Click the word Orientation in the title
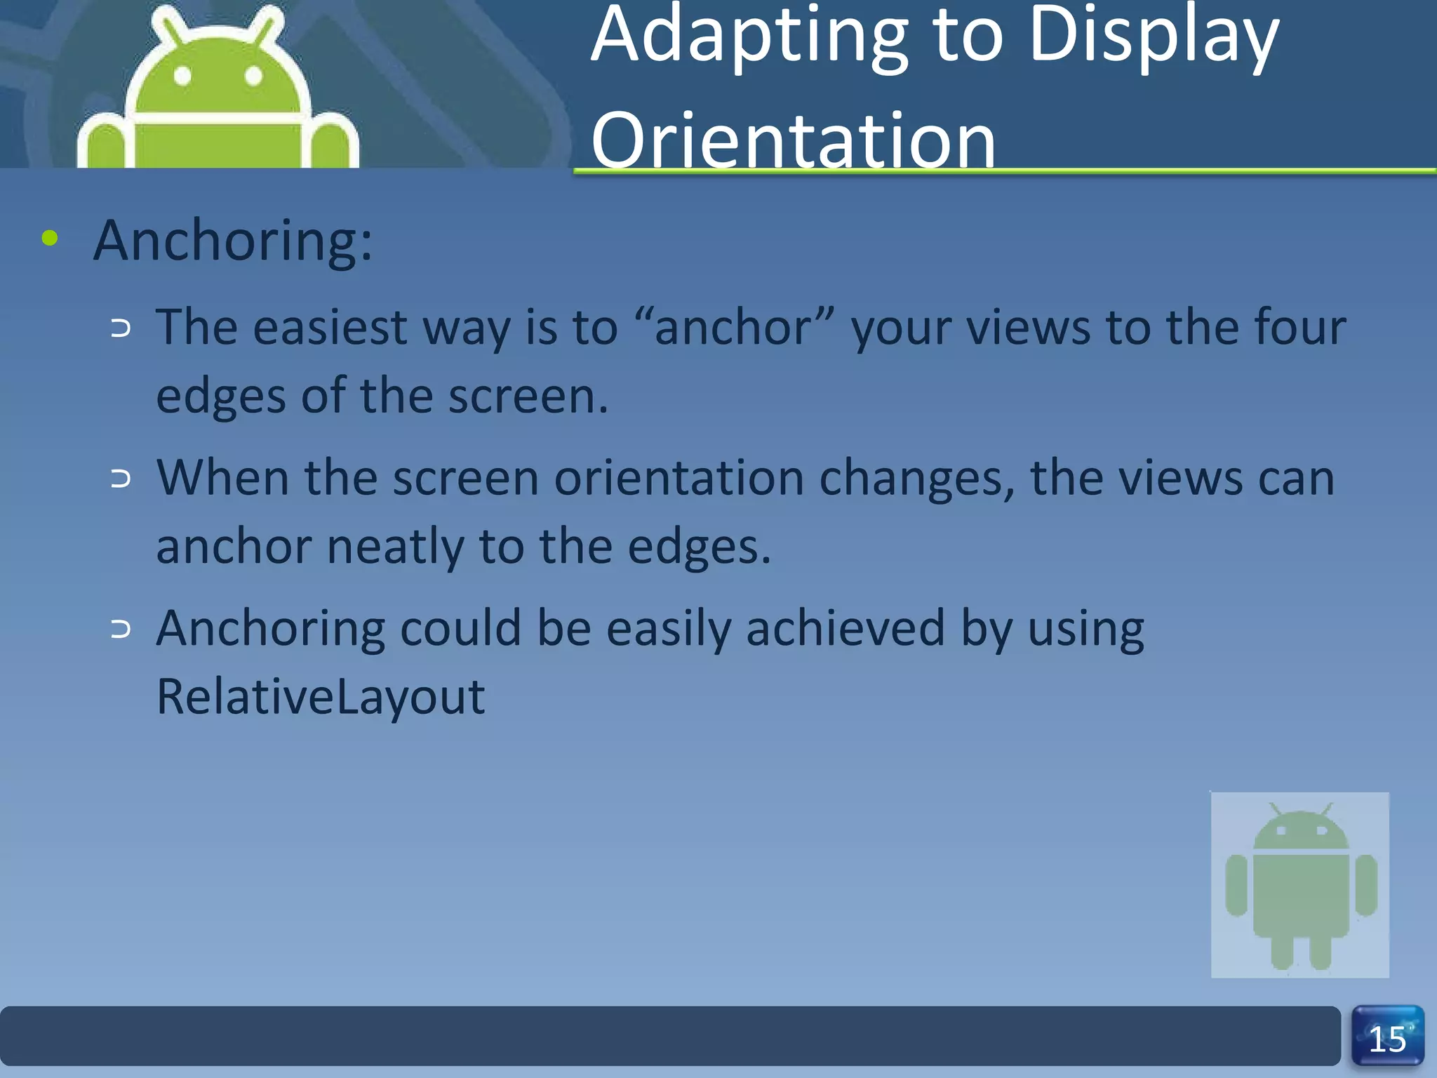[793, 140]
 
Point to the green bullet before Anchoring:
[50, 238]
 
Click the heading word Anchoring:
[233, 241]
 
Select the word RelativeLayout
[321, 696]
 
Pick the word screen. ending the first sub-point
[528, 397]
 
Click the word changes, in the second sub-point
[917, 479]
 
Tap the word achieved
[846, 628]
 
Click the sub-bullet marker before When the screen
[121, 479]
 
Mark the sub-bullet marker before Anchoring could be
[121, 630]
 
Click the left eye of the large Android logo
[182, 76]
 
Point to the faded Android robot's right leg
[1321, 951]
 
